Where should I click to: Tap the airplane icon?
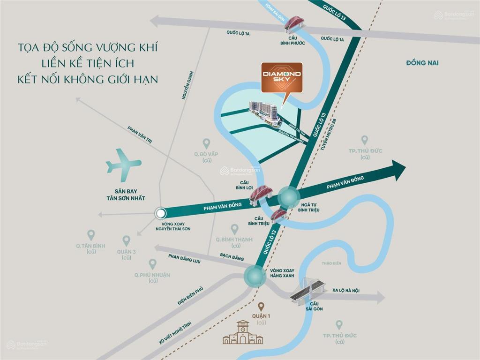click(x=123, y=165)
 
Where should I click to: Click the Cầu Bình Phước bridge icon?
click(x=293, y=24)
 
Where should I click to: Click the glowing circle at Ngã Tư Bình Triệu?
click(x=288, y=197)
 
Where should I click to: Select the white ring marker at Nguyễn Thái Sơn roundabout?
click(x=160, y=213)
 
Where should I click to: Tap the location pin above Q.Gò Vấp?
click(x=206, y=143)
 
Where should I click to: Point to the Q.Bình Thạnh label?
click(x=234, y=240)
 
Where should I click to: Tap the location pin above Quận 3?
click(x=126, y=240)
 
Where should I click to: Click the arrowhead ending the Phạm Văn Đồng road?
click(x=398, y=170)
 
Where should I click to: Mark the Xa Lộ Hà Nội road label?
click(x=345, y=291)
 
